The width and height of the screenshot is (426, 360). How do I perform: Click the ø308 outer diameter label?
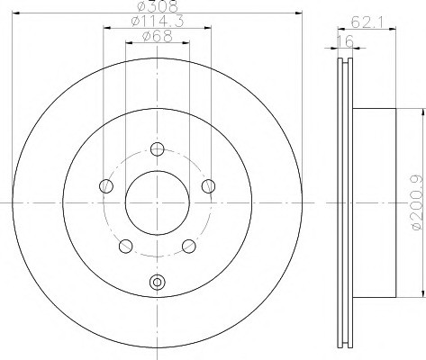[157, 6]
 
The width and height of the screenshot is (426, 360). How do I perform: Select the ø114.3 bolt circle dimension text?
[158, 22]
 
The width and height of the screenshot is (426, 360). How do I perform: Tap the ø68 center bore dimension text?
[158, 36]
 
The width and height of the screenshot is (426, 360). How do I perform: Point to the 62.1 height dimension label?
[367, 22]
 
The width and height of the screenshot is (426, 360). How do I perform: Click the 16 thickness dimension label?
[345, 41]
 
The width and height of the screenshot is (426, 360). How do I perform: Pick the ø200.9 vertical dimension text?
[417, 203]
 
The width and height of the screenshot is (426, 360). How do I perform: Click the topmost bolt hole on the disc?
[157, 149]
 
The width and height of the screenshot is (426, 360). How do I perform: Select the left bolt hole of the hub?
[106, 186]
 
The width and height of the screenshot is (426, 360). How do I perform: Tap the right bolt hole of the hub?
[208, 186]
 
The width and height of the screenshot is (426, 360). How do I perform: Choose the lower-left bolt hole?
[126, 246]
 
